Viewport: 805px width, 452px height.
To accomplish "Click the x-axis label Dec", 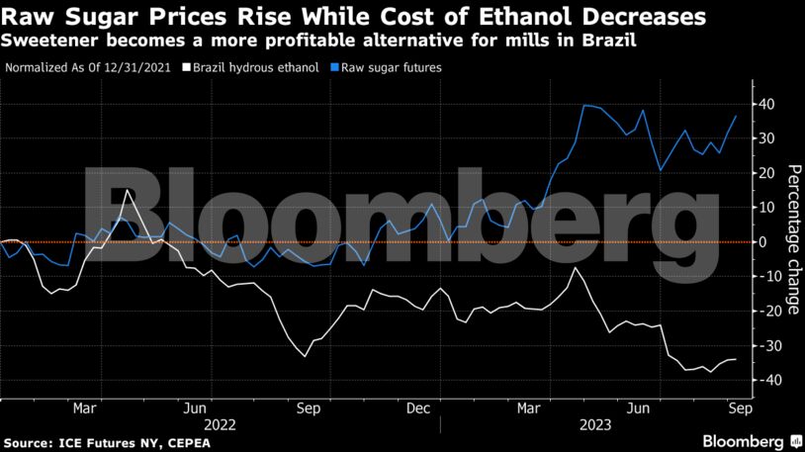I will [417, 407].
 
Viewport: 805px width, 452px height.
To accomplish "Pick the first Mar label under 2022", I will [83, 407].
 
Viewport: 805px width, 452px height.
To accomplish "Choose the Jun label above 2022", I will [195, 407].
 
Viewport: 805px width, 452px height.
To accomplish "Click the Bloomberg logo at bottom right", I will [744, 440].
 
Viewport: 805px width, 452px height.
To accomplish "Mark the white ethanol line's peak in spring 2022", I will [128, 190].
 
